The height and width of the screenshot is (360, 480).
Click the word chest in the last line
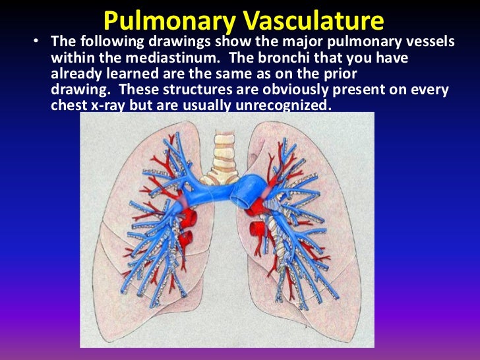click(x=69, y=105)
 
